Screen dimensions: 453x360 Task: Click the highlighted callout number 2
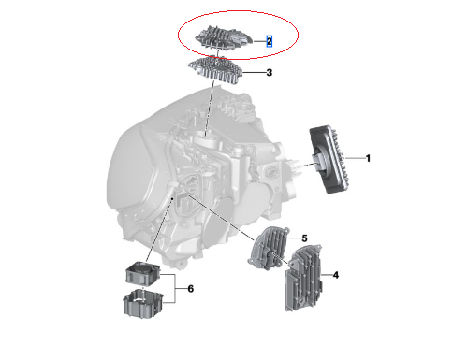tap(269, 41)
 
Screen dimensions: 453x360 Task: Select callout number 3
tap(270, 73)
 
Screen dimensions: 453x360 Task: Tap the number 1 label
tap(368, 158)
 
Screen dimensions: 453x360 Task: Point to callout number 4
tap(336, 275)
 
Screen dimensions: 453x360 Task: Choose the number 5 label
tap(304, 238)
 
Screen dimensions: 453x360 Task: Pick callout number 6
tap(191, 289)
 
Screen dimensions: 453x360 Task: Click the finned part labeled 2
tap(224, 39)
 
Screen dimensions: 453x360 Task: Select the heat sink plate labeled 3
tap(215, 70)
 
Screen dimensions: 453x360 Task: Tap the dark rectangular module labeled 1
tap(329, 160)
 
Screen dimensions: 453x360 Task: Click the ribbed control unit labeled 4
tap(303, 278)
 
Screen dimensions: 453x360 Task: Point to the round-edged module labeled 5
tap(269, 248)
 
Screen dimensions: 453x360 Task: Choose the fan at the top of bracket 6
tap(143, 273)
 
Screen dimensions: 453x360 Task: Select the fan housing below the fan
tap(143, 304)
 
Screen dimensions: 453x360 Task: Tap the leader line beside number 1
tap(355, 158)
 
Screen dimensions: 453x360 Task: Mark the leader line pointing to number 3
tap(254, 73)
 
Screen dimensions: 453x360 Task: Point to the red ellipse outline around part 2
tap(239, 11)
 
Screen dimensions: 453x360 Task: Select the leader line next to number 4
tap(327, 275)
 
